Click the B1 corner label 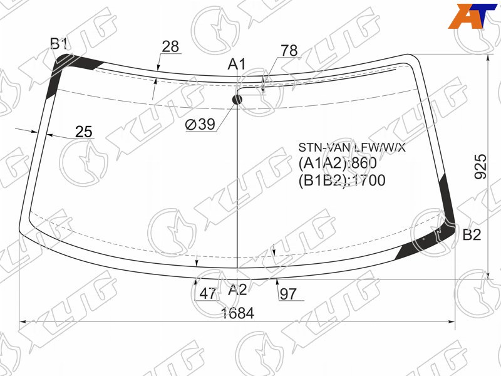coord(59,44)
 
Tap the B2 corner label coord(472,235)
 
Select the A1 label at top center coord(237,65)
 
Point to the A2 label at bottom coord(237,290)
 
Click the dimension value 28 coord(170,46)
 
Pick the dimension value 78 coord(289,51)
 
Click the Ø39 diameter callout coord(200,124)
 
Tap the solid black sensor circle coord(237,100)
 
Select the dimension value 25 coord(84,132)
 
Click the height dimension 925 coord(480,167)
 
